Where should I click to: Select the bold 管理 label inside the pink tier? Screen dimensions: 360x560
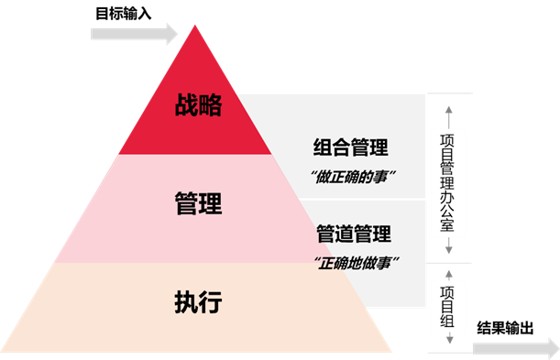[198, 202]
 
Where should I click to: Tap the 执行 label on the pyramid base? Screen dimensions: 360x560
[198, 301]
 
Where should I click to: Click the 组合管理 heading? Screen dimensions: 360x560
[350, 147]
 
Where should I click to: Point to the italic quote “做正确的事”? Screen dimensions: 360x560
[350, 175]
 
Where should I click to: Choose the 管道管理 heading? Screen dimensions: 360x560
[353, 235]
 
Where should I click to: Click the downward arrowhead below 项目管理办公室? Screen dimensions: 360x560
[448, 250]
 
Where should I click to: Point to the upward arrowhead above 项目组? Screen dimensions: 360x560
[448, 273]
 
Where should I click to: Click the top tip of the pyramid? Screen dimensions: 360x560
[194, 25]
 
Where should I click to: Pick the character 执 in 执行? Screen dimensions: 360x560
[186, 301]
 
